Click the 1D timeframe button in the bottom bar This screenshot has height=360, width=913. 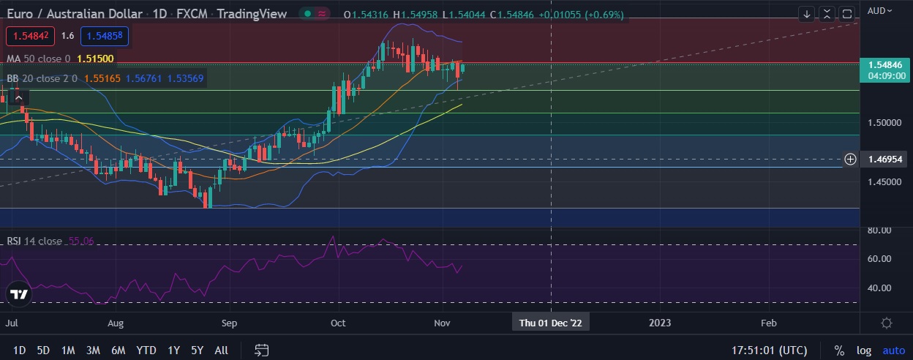click(x=20, y=350)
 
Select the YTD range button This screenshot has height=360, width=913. click(x=146, y=350)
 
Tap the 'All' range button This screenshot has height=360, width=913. click(x=221, y=350)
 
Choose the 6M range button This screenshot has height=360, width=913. click(x=118, y=350)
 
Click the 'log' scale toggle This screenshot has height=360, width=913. click(x=864, y=350)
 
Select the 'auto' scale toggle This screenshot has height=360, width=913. click(x=893, y=350)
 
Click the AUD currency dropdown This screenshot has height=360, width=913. click(x=879, y=10)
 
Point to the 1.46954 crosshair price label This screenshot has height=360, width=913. click(x=884, y=159)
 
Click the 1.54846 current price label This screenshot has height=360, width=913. click(x=884, y=65)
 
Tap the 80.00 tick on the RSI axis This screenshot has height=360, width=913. click(x=879, y=230)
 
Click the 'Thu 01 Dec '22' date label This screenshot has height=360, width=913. click(x=550, y=323)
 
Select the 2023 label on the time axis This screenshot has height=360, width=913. click(x=660, y=323)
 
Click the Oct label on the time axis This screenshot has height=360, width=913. click(x=338, y=323)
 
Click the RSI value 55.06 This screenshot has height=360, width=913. click(x=81, y=241)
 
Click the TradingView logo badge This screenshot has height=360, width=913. click(x=19, y=295)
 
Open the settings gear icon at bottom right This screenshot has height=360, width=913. click(x=887, y=323)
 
